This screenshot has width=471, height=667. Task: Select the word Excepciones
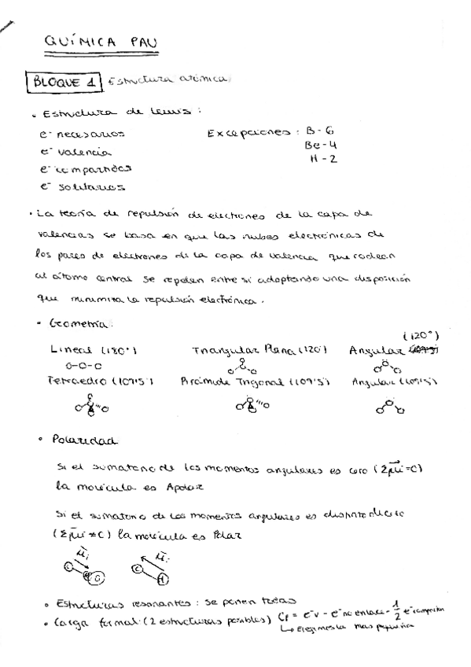coord(249,134)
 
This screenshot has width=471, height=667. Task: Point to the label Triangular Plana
coord(248,351)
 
